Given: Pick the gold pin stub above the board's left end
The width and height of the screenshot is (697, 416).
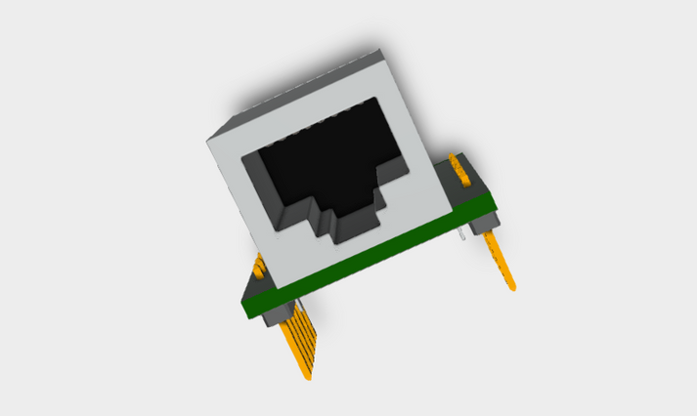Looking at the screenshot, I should click(x=259, y=266).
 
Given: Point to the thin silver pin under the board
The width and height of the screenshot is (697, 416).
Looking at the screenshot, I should click(x=462, y=235).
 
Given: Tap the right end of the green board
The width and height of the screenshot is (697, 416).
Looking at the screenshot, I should click(x=494, y=204).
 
